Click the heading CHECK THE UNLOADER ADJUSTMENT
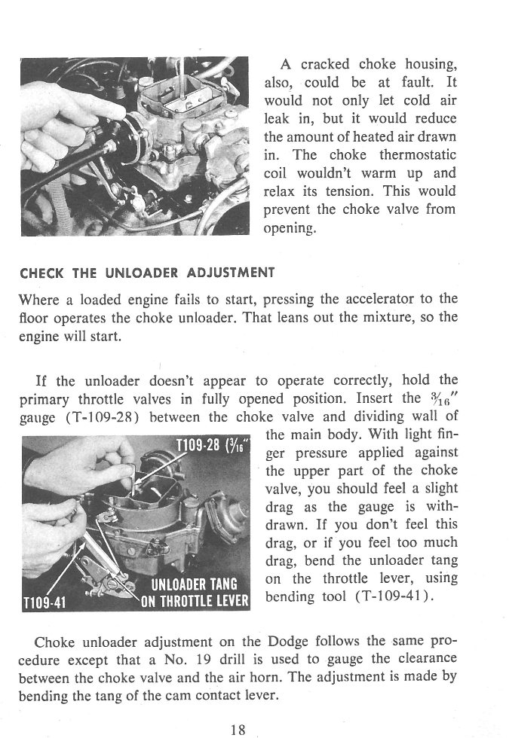147,272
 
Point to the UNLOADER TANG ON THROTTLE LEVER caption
195,593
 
